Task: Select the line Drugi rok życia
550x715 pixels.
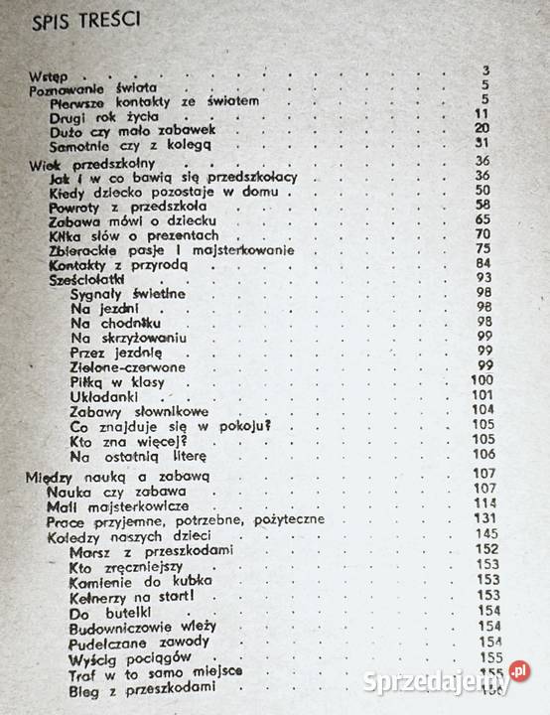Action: tap(92, 115)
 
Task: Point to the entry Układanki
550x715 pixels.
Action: tap(108, 395)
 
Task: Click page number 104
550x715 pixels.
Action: tap(484, 409)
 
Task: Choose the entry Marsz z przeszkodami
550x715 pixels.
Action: tap(145, 548)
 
